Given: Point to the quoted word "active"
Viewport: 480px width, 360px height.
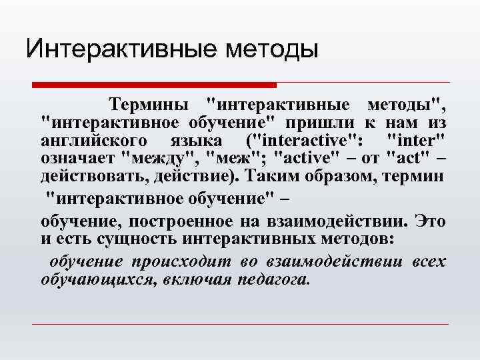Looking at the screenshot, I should (x=308, y=159).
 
